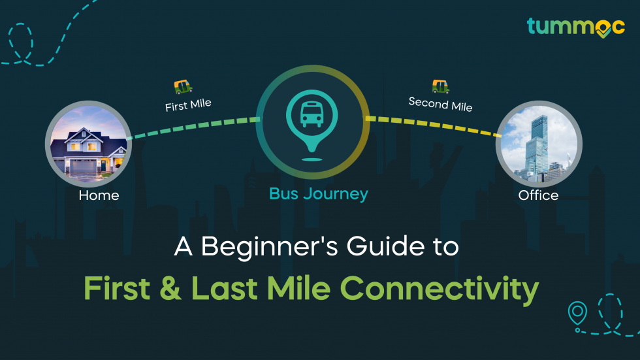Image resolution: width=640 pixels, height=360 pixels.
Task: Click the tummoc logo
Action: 575,26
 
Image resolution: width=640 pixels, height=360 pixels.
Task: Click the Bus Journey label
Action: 319,193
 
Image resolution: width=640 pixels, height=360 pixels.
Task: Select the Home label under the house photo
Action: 99,195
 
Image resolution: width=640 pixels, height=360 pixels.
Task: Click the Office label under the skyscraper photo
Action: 538,195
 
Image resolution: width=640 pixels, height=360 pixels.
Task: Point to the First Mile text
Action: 188,105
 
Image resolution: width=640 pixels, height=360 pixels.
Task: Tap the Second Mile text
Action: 440,103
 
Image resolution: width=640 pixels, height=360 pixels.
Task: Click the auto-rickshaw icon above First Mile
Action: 183,86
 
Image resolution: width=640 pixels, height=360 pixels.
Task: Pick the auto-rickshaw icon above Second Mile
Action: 441,86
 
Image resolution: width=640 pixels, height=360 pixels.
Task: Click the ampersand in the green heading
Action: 172,289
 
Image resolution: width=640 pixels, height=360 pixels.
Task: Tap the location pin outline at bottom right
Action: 577,312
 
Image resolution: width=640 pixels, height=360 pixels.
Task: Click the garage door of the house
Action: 84,166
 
